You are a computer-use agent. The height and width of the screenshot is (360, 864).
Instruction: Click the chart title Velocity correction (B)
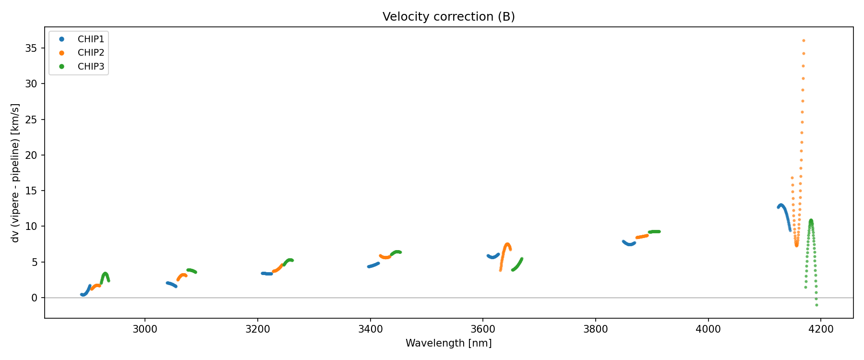pyautogui.click(x=448, y=17)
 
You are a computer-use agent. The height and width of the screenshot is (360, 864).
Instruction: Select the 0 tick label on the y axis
pyautogui.click(x=34, y=298)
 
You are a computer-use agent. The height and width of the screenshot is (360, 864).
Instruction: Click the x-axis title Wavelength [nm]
pyautogui.click(x=448, y=343)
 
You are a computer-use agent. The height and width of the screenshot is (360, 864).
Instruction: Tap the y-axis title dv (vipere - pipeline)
pyautogui.click(x=15, y=173)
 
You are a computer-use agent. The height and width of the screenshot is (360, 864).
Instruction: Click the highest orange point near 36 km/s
pyautogui.click(x=804, y=41)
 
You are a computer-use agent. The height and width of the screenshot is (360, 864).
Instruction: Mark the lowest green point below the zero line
pyautogui.click(x=816, y=305)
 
